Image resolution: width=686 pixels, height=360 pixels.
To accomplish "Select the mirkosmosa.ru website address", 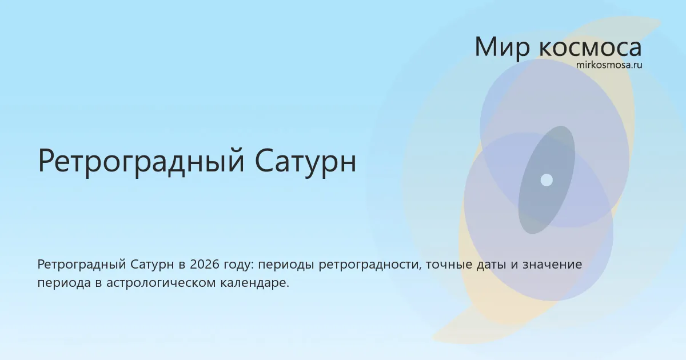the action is [x=609, y=65].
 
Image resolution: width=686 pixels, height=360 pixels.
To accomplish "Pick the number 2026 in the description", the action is [x=205, y=265].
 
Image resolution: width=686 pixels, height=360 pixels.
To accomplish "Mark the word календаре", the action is [x=255, y=283].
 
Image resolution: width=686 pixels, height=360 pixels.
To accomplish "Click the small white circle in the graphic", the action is [x=547, y=180].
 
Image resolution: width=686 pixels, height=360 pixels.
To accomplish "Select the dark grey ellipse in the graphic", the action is [x=547, y=180].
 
